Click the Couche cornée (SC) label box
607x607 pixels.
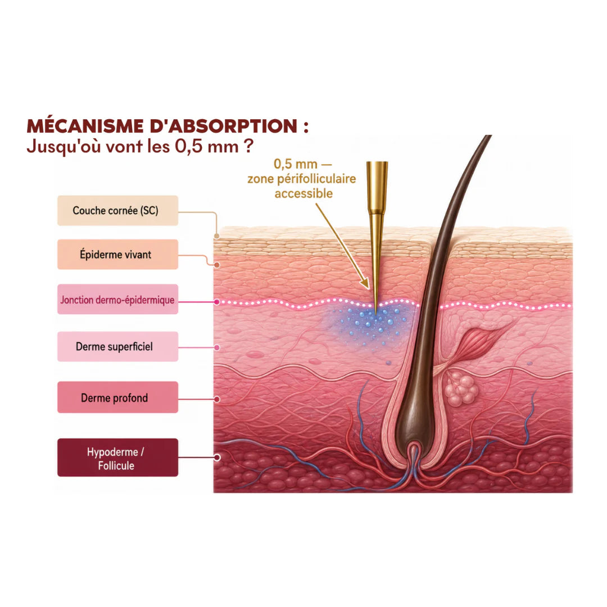coord(117,211)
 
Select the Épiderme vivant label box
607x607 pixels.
coord(117,255)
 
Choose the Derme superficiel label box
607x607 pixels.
coord(117,346)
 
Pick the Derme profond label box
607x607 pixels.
coord(117,397)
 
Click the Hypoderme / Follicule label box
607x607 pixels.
coord(117,457)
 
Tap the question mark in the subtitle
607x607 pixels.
coord(249,146)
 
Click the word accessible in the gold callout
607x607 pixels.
coord(303,193)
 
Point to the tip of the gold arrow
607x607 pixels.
coord(368,288)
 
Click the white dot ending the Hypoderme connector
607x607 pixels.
coord(217,457)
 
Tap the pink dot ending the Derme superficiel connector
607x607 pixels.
coord(217,348)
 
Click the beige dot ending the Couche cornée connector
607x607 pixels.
coord(217,235)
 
